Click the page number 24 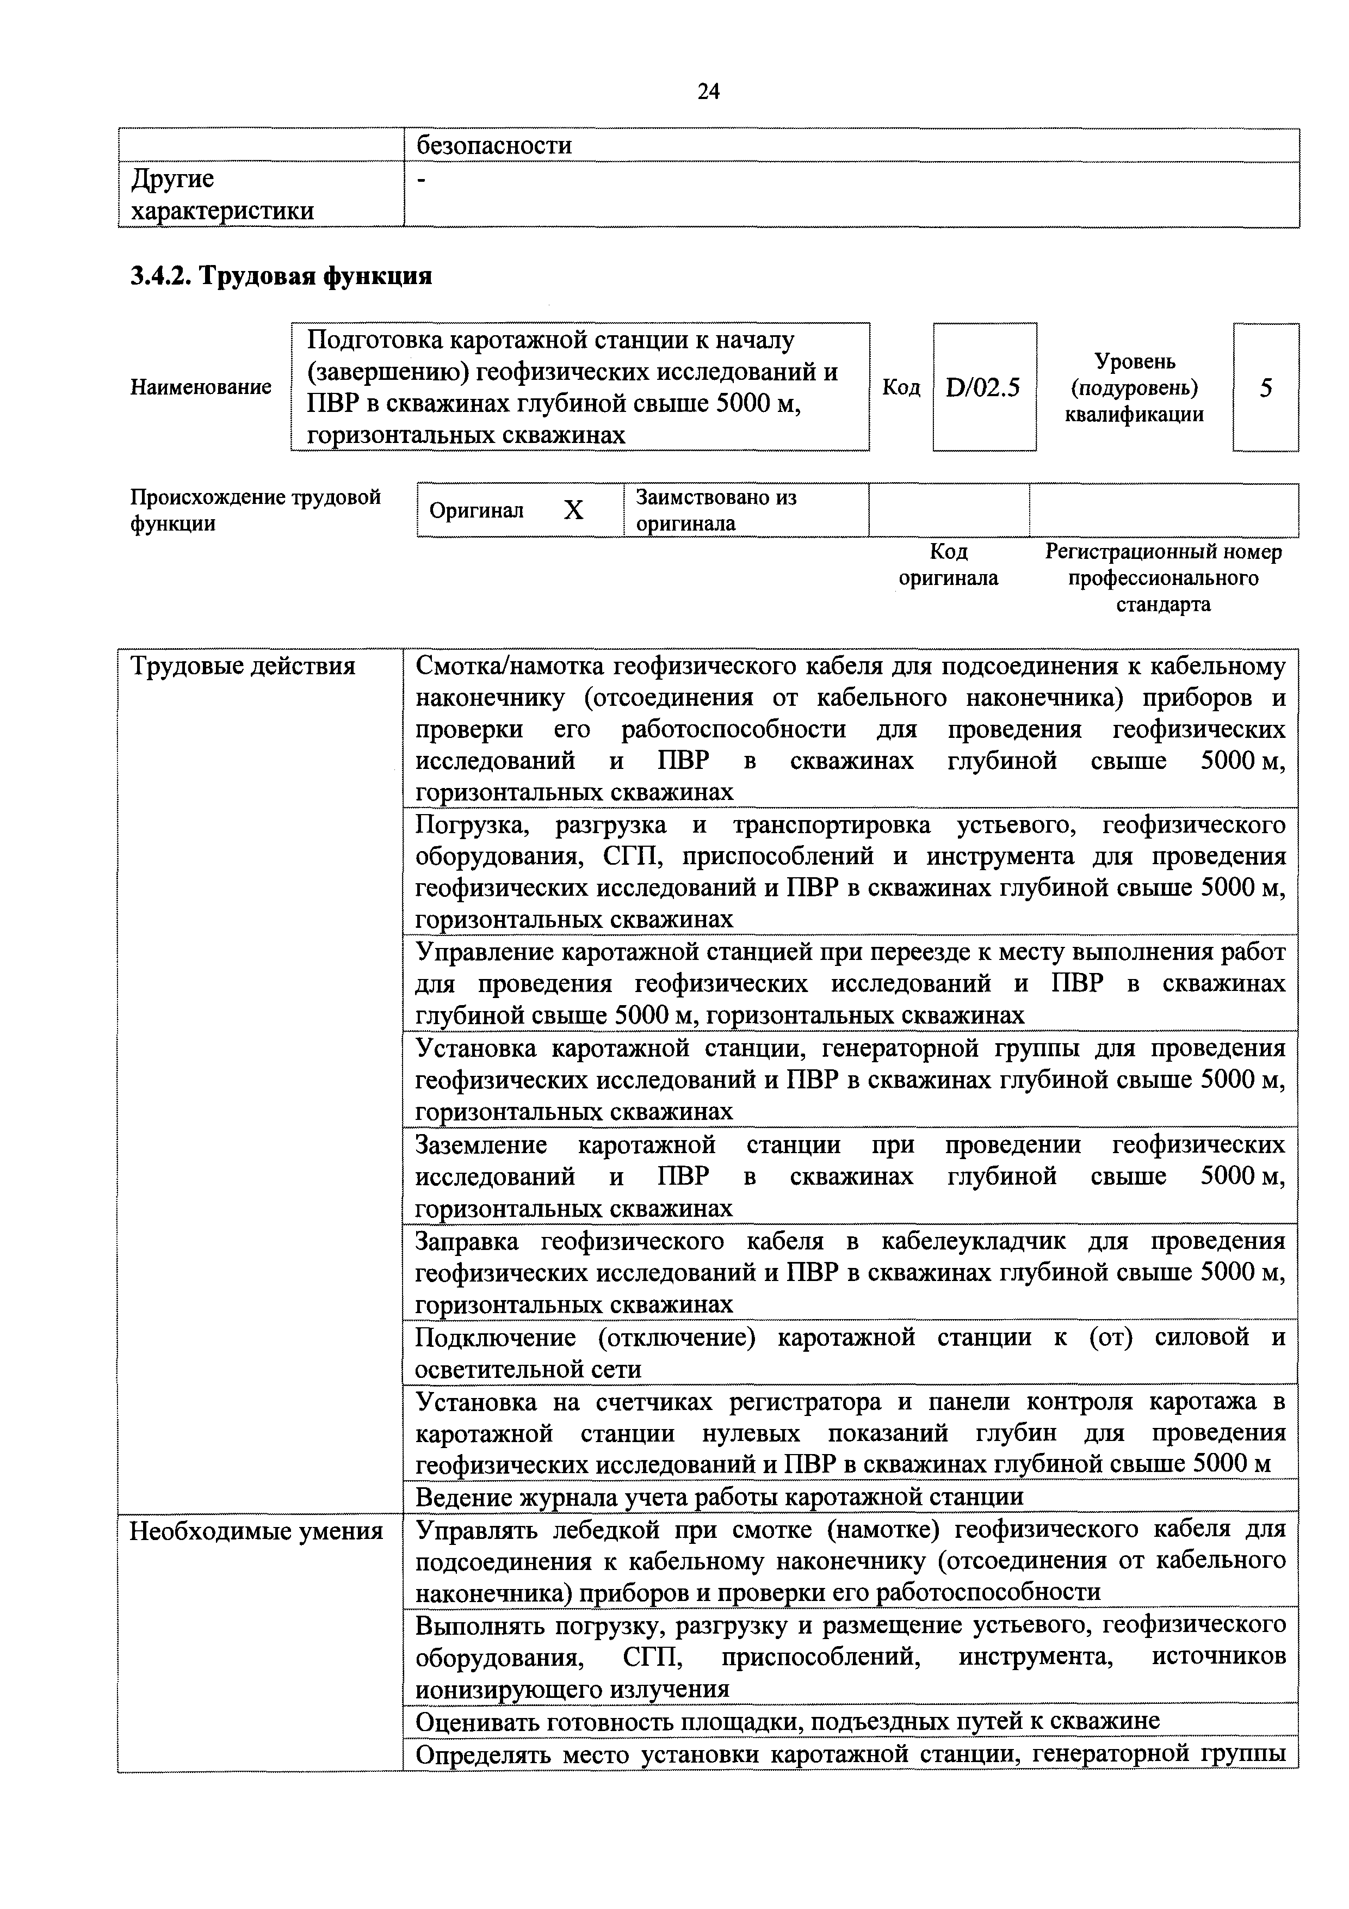[x=708, y=91]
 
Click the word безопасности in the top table [x=494, y=145]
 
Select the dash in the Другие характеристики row [x=420, y=180]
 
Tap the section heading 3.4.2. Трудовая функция [x=281, y=275]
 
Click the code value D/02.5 [x=983, y=387]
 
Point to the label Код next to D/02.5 [x=901, y=387]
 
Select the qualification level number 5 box [x=1265, y=387]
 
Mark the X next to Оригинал [x=573, y=510]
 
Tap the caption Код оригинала [x=948, y=564]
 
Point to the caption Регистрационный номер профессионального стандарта [x=1163, y=578]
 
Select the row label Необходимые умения [x=256, y=1531]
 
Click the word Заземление [x=480, y=1145]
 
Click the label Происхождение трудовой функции [x=255, y=510]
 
